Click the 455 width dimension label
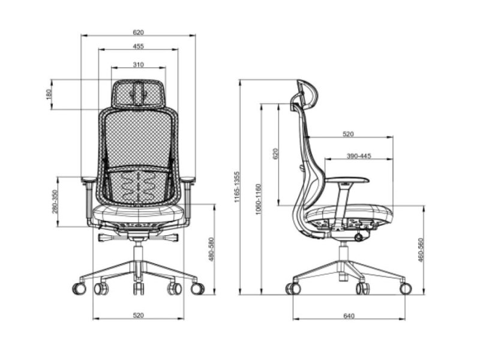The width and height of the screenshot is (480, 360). coord(139,46)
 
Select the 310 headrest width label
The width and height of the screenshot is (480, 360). coord(139,65)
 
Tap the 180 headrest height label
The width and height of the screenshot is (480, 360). coord(49,94)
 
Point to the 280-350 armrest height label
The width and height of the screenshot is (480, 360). coord(55,202)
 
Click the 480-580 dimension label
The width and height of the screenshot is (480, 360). coord(211,249)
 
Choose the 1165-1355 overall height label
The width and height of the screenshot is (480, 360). coord(236,187)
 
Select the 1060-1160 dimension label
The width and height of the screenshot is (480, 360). coord(258,199)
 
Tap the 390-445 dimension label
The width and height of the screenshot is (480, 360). coord(359,156)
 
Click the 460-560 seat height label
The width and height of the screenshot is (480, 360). coord(421,250)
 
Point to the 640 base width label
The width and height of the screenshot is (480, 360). coord(349,316)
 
